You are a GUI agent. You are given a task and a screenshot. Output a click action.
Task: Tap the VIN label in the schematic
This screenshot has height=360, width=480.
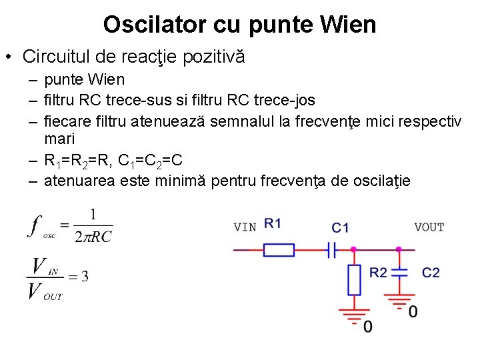coord(245,227)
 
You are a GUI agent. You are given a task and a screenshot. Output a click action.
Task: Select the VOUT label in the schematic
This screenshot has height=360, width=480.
coord(429,227)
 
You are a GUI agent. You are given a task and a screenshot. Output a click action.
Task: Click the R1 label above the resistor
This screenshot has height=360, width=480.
coord(273,223)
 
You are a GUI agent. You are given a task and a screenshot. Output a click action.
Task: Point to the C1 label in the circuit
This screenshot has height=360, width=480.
coord(341,228)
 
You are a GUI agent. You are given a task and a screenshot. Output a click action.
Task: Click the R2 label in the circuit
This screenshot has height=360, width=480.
coord(378,272)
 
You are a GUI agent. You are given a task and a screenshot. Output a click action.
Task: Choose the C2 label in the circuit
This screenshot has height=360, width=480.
coord(431,272)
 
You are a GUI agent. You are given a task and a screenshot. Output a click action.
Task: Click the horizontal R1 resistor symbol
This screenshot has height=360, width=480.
coord(279,250)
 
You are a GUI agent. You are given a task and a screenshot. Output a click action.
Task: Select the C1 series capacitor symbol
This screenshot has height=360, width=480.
coord(330,250)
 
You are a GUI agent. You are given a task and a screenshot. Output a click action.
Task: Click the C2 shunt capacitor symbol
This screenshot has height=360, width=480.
coord(399,273)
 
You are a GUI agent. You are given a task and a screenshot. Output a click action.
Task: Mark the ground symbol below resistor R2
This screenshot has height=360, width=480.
coord(354,314)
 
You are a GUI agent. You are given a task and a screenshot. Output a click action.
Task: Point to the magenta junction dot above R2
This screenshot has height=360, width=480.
coord(354,250)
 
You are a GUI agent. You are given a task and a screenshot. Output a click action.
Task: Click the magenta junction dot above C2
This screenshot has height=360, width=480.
coord(399,250)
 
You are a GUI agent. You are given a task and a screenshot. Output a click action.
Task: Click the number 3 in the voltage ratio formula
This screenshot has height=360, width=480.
coord(85,277)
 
